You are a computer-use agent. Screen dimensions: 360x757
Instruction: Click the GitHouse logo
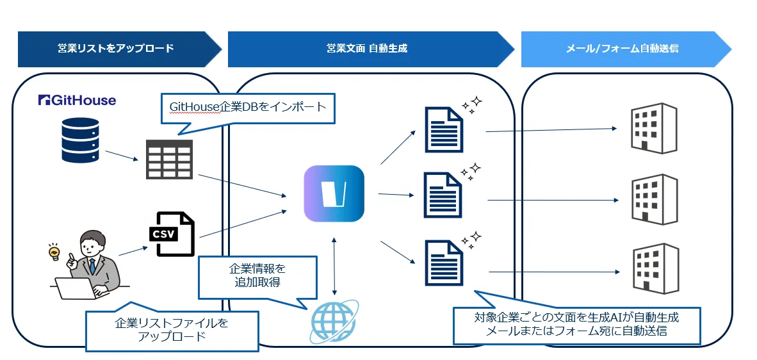77,100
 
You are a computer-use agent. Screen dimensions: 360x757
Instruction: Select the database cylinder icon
80,140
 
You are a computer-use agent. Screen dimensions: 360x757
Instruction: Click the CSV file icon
172,233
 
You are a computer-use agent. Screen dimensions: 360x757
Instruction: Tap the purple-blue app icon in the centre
334,193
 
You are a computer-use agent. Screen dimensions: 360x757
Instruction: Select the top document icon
444,129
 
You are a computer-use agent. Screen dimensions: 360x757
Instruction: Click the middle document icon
443,195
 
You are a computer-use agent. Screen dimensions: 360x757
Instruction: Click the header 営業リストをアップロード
115,49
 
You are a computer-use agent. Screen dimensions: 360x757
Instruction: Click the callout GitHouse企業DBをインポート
248,107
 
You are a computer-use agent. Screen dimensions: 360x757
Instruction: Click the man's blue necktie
92,265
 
